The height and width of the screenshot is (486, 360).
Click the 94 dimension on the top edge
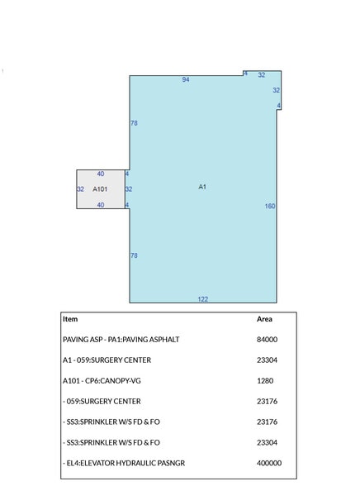click(186, 79)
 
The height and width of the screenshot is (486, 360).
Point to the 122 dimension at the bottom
click(202, 298)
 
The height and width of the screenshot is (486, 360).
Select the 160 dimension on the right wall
click(270, 206)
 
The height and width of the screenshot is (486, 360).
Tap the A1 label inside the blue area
click(202, 187)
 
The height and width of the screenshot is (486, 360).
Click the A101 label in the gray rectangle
click(100, 189)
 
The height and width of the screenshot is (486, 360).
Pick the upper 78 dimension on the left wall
click(134, 123)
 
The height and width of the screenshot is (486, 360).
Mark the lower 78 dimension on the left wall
click(134, 255)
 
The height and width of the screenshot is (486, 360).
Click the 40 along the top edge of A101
click(100, 174)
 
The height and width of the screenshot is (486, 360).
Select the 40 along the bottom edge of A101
click(100, 204)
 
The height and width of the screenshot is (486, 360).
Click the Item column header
click(70, 318)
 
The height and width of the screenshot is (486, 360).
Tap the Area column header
click(264, 318)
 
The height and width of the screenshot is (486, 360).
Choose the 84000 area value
click(267, 340)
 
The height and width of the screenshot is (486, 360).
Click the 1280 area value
click(265, 381)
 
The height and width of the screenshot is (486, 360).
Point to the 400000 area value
click(269, 464)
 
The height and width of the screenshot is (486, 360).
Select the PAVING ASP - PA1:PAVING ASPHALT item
click(121, 340)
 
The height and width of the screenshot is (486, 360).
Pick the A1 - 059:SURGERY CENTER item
click(107, 360)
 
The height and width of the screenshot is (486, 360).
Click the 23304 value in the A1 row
click(267, 360)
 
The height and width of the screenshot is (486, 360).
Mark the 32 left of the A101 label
click(80, 189)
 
